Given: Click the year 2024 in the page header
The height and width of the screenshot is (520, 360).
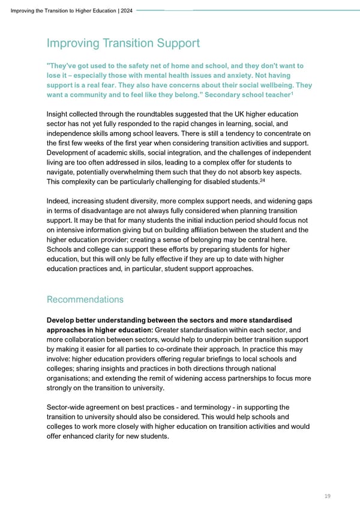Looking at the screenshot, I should tap(127, 10).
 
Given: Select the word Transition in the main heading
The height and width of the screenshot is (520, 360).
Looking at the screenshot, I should tap(127, 43).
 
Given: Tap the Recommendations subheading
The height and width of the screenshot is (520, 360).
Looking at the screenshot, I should tap(85, 299).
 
